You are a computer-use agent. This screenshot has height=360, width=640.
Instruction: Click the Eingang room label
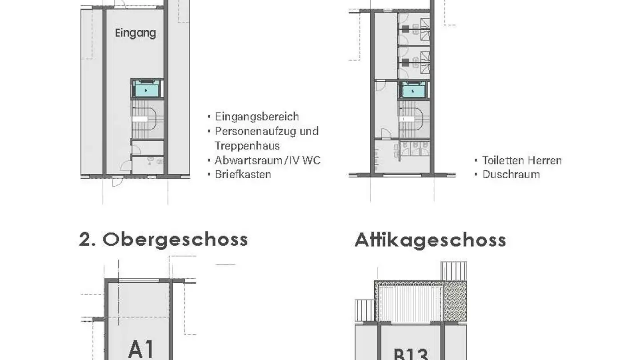click(135, 33)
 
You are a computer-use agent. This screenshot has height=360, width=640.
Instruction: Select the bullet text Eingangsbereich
click(256, 117)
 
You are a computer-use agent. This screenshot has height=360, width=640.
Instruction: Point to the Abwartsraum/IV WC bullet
click(267, 160)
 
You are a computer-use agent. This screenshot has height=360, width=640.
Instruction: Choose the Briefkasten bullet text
click(243, 174)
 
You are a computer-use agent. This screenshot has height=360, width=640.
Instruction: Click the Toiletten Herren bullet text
click(522, 160)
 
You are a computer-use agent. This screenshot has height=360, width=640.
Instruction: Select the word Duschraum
click(511, 174)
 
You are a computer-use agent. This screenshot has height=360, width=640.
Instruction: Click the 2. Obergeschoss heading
click(164, 240)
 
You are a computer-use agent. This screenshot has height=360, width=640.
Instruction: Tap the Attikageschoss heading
click(430, 240)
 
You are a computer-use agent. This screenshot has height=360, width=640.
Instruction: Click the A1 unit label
click(140, 349)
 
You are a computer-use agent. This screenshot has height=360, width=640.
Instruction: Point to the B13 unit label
click(411, 354)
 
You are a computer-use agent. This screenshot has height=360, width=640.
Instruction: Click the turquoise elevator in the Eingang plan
click(147, 89)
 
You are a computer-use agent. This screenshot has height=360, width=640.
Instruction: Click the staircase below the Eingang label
click(148, 120)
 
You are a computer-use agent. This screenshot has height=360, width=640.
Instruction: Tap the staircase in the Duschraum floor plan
click(414, 120)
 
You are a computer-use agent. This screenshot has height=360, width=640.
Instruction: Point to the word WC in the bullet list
click(311, 160)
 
